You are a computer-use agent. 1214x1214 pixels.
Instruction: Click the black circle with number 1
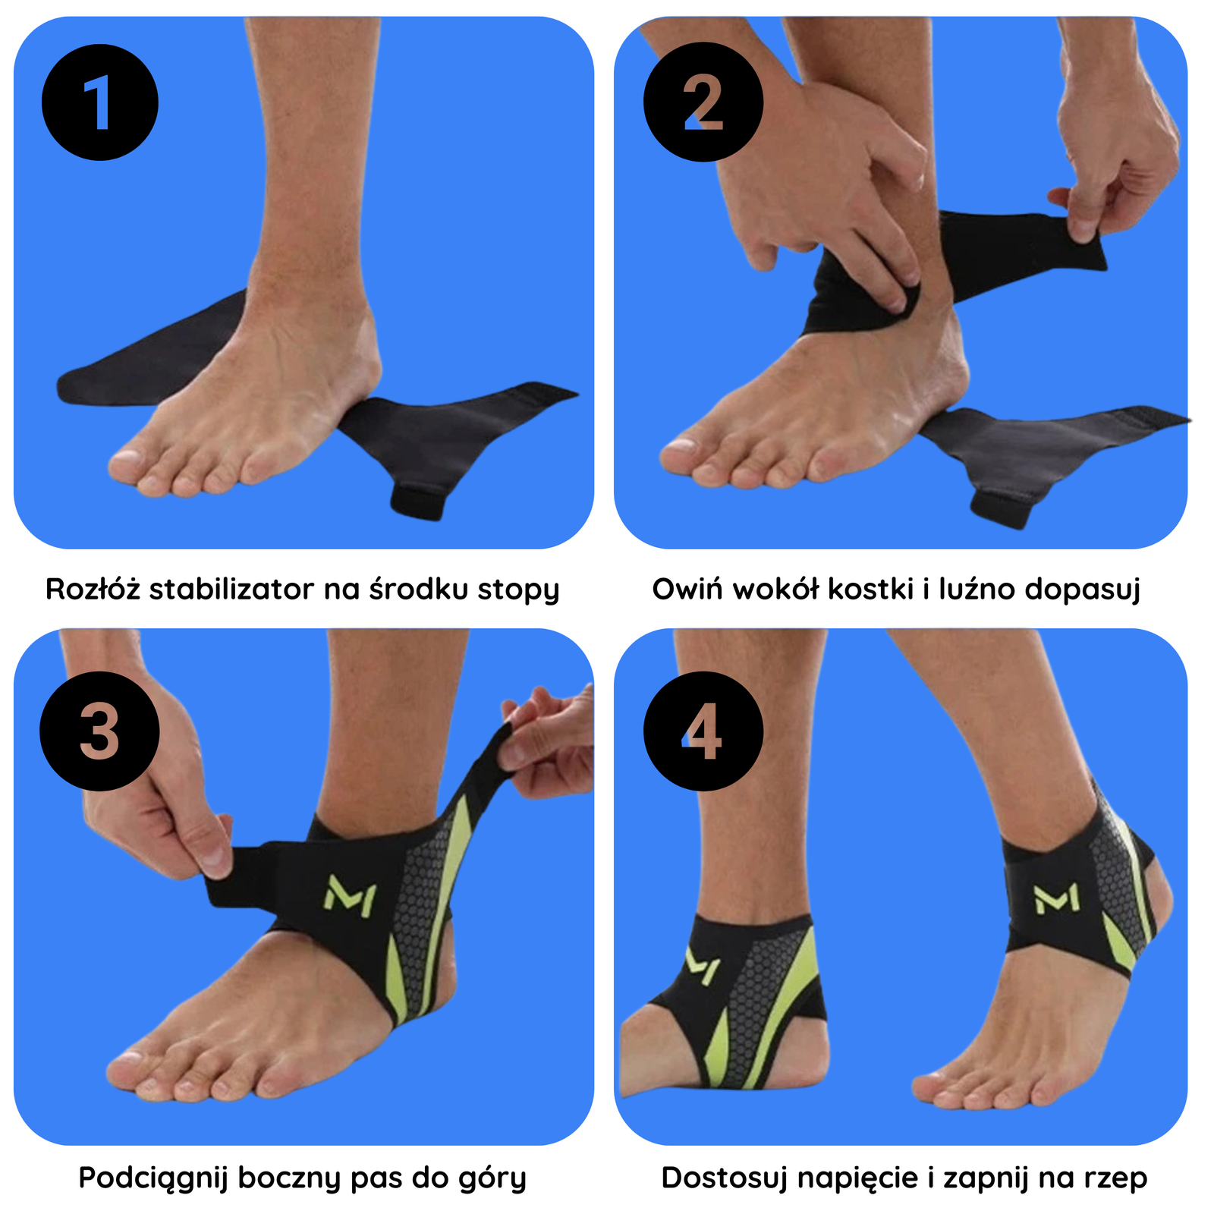(99, 102)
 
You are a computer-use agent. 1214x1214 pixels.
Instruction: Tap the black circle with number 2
(703, 102)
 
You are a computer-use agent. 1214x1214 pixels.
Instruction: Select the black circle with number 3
(99, 731)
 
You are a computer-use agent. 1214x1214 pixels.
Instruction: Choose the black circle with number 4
(703, 731)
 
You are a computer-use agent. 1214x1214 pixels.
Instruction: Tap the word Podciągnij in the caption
(153, 1178)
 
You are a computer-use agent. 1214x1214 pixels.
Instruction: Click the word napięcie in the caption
(858, 1179)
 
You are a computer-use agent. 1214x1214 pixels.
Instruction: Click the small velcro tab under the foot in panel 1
(418, 500)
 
